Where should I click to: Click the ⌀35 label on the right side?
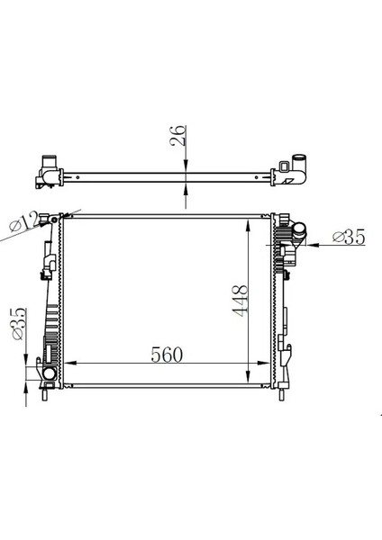pos(348,238)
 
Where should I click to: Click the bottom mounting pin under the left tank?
pos(46,392)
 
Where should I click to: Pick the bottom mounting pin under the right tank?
pos(286,392)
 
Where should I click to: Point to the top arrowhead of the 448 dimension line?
pos(250,221)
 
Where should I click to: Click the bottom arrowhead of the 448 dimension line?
pos(250,380)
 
